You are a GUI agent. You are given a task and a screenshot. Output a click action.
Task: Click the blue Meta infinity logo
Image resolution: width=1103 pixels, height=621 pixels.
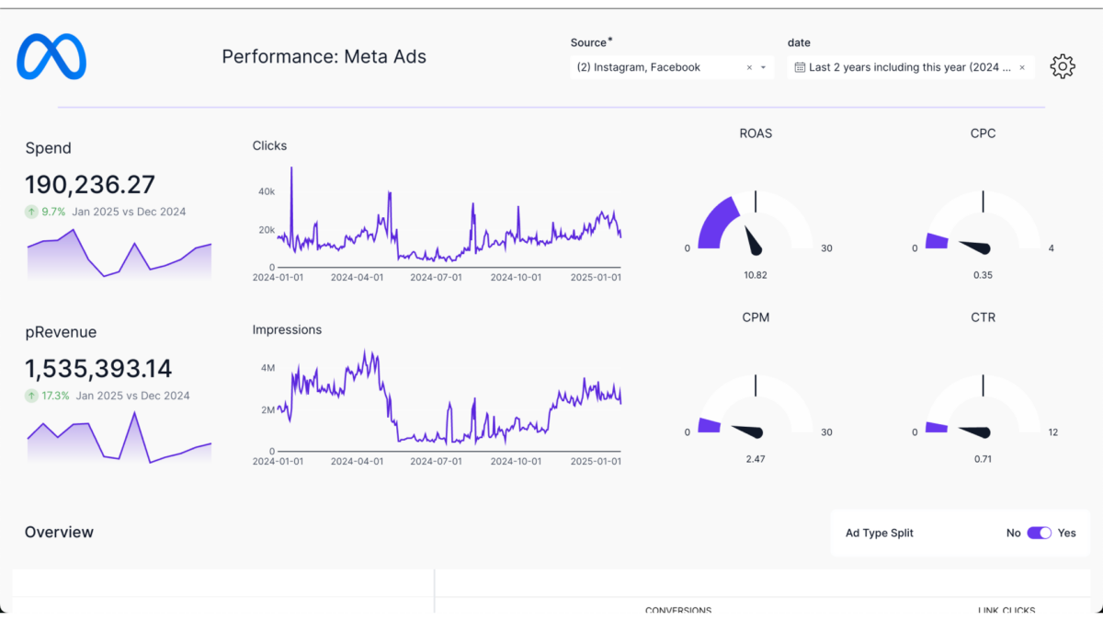51,56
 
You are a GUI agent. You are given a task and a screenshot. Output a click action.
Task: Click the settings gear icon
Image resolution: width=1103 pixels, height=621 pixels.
1062,66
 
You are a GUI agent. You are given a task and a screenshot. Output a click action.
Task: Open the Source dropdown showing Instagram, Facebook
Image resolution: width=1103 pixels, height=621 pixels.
671,67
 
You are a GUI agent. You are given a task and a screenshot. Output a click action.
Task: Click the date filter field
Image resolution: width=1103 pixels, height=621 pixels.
909,67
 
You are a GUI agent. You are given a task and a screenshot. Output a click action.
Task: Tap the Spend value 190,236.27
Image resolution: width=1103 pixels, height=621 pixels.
90,185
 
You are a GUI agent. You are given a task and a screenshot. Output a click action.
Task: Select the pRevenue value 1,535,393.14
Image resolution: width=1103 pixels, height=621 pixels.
98,369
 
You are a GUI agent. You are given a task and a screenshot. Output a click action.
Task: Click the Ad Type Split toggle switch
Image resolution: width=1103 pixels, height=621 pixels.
1039,533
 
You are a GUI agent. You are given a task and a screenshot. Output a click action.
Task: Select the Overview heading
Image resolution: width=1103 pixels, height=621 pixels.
59,532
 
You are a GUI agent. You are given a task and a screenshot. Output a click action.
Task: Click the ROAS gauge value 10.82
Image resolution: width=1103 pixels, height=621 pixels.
755,275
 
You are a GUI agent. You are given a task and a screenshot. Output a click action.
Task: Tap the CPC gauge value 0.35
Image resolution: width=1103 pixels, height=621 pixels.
983,275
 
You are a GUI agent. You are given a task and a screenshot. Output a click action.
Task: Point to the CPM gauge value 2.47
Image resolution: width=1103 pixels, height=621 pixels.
755,459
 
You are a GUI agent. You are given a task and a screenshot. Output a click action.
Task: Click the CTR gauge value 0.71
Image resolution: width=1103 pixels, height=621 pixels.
983,459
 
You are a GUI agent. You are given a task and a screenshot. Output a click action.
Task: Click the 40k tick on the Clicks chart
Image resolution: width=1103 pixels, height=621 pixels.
266,191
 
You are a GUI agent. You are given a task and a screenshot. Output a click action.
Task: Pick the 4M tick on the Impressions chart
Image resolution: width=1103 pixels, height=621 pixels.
267,367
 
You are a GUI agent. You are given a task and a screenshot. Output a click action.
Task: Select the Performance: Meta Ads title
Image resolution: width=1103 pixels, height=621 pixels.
324,57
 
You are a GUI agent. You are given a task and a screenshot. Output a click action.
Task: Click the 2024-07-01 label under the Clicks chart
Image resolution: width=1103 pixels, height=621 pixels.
436,277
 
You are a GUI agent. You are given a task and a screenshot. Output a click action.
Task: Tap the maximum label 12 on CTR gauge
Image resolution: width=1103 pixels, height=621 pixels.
1053,432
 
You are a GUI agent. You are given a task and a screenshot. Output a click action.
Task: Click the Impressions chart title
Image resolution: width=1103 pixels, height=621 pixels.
287,329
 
